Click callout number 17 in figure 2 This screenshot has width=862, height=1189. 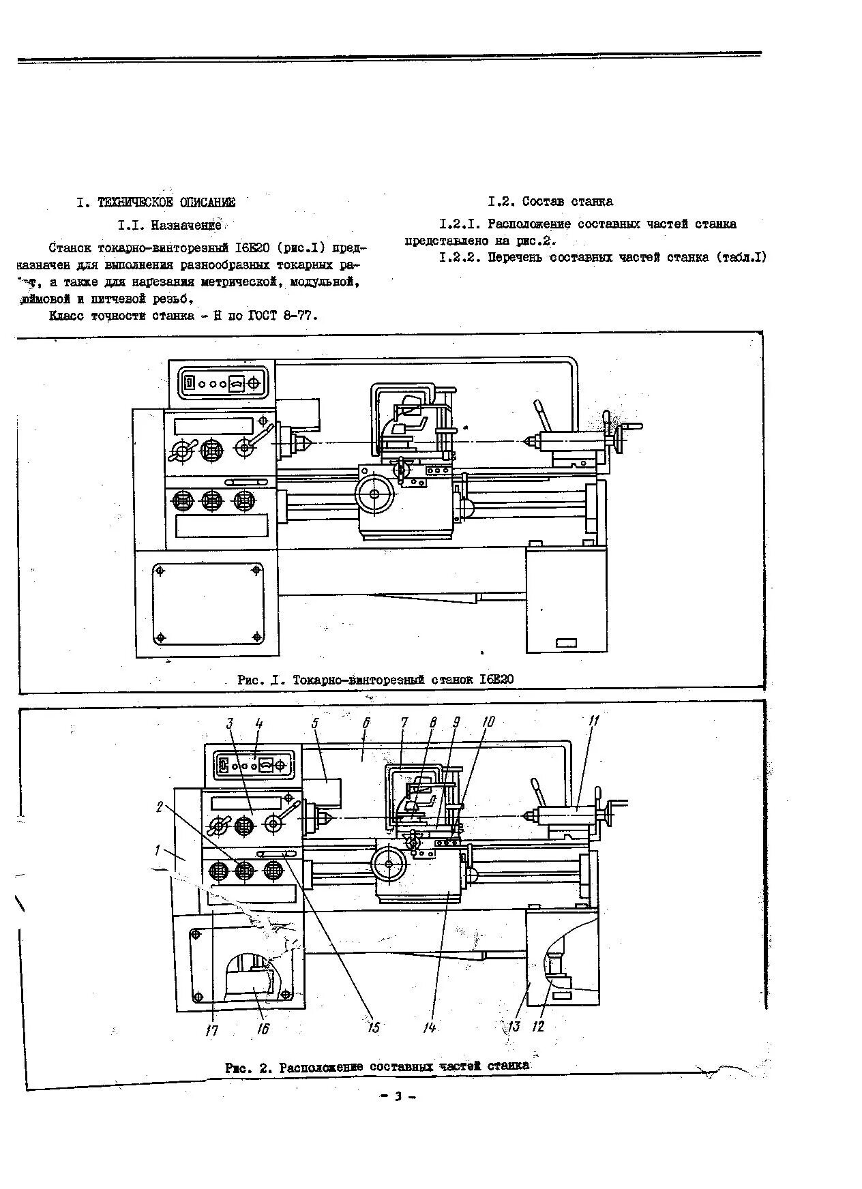pos(212,1030)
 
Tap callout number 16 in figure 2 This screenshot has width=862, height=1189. pos(263,1028)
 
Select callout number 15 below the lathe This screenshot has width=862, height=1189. pos(373,1027)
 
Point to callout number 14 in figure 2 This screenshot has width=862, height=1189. pos(429,1027)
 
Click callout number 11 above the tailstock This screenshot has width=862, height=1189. pos(593,721)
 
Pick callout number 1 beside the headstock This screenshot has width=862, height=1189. pos(158,850)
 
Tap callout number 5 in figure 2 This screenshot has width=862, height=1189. pos(315,723)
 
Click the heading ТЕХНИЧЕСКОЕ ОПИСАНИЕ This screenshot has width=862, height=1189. pos(166,202)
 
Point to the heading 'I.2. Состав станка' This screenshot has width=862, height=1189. pos(550,201)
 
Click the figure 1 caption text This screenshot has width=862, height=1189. pos(375,680)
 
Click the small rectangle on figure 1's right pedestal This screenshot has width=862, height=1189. pos(566,643)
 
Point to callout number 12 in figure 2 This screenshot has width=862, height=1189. pos(539,1025)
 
